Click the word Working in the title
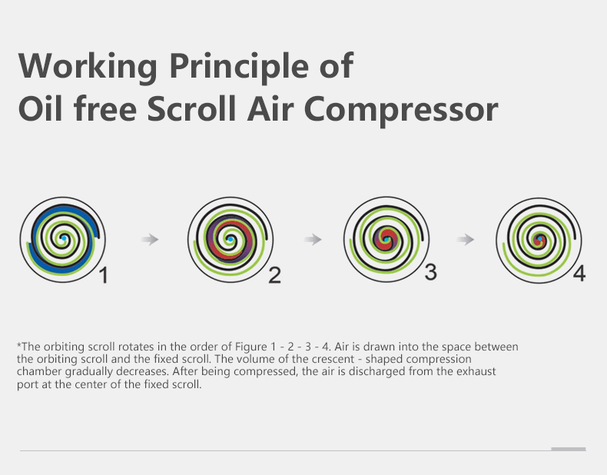click(x=88, y=67)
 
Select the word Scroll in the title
click(x=191, y=109)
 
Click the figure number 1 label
click(x=104, y=276)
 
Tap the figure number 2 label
click(x=274, y=276)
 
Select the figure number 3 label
click(x=431, y=272)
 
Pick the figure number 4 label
click(x=579, y=274)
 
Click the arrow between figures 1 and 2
click(x=150, y=240)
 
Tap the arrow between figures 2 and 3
click(x=313, y=240)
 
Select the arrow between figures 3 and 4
click(x=466, y=240)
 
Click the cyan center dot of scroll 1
click(x=64, y=239)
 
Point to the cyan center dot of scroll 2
click(x=231, y=240)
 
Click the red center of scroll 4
click(x=540, y=241)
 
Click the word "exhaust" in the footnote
click(x=476, y=372)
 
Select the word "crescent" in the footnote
click(x=333, y=359)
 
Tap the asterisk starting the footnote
click(x=19, y=344)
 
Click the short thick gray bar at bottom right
click(x=569, y=449)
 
